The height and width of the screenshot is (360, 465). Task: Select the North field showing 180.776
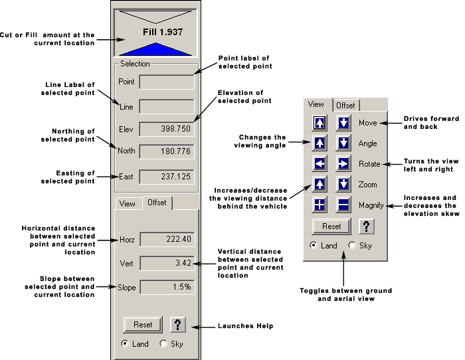[x=167, y=151]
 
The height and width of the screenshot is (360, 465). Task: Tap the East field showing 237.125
[x=167, y=176]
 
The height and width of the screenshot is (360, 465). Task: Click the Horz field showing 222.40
[x=167, y=239]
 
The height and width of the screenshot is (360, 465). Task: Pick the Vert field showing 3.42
[x=167, y=263]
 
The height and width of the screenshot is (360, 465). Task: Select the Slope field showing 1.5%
[x=167, y=287]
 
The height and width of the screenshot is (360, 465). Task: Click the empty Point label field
[x=167, y=82]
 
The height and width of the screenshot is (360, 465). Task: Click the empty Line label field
[x=167, y=106]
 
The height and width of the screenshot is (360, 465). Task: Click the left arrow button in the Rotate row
[x=320, y=163]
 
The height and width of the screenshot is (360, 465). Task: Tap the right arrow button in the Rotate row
[x=343, y=163]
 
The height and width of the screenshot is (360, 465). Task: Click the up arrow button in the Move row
[x=320, y=123]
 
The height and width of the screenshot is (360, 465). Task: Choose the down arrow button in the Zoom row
[x=343, y=184]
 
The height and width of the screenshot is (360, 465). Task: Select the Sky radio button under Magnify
[x=352, y=246]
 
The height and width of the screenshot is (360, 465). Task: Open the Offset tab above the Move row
[x=345, y=105]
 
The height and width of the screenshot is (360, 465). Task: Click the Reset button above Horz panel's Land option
[x=143, y=324]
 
